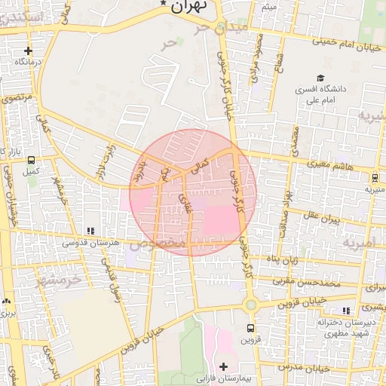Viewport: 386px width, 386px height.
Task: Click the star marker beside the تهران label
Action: pos(164,5)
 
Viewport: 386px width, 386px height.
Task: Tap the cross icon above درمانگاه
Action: pos(28,51)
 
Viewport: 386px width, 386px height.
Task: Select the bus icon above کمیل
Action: pos(31,160)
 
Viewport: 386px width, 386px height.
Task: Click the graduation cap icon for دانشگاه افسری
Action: pos(320,78)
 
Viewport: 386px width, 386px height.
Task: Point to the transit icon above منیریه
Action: pos(375,178)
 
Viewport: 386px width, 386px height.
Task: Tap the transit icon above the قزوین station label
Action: pos(251,329)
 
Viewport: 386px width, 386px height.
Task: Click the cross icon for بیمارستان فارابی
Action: pos(223,366)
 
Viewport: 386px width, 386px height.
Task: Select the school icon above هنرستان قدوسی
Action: pos(90,231)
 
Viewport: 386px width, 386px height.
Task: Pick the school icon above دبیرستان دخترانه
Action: pos(346,311)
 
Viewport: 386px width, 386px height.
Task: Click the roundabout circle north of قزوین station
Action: pos(250,305)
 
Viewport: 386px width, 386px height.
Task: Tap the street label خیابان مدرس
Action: pos(304,367)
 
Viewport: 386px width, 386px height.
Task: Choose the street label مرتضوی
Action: pos(17,98)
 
